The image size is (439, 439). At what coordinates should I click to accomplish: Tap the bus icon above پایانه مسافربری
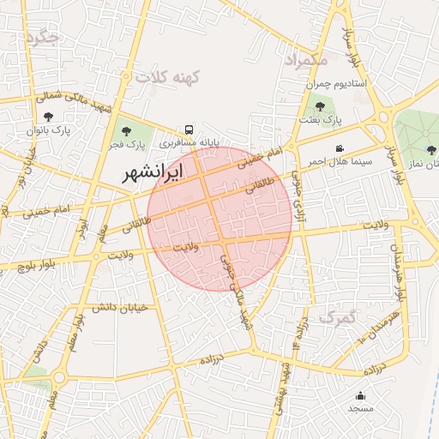[188, 125]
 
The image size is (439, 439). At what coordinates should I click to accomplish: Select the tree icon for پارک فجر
[127, 131]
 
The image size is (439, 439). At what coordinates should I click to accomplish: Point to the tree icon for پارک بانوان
[46, 116]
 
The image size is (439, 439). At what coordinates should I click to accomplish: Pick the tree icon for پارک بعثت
[320, 106]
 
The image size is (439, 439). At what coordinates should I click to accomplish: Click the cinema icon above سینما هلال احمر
[340, 148]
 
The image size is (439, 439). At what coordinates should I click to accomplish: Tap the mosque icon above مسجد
[360, 395]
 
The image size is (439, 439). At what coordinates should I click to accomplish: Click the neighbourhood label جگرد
[42, 37]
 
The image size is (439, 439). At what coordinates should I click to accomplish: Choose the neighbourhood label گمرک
[335, 318]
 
